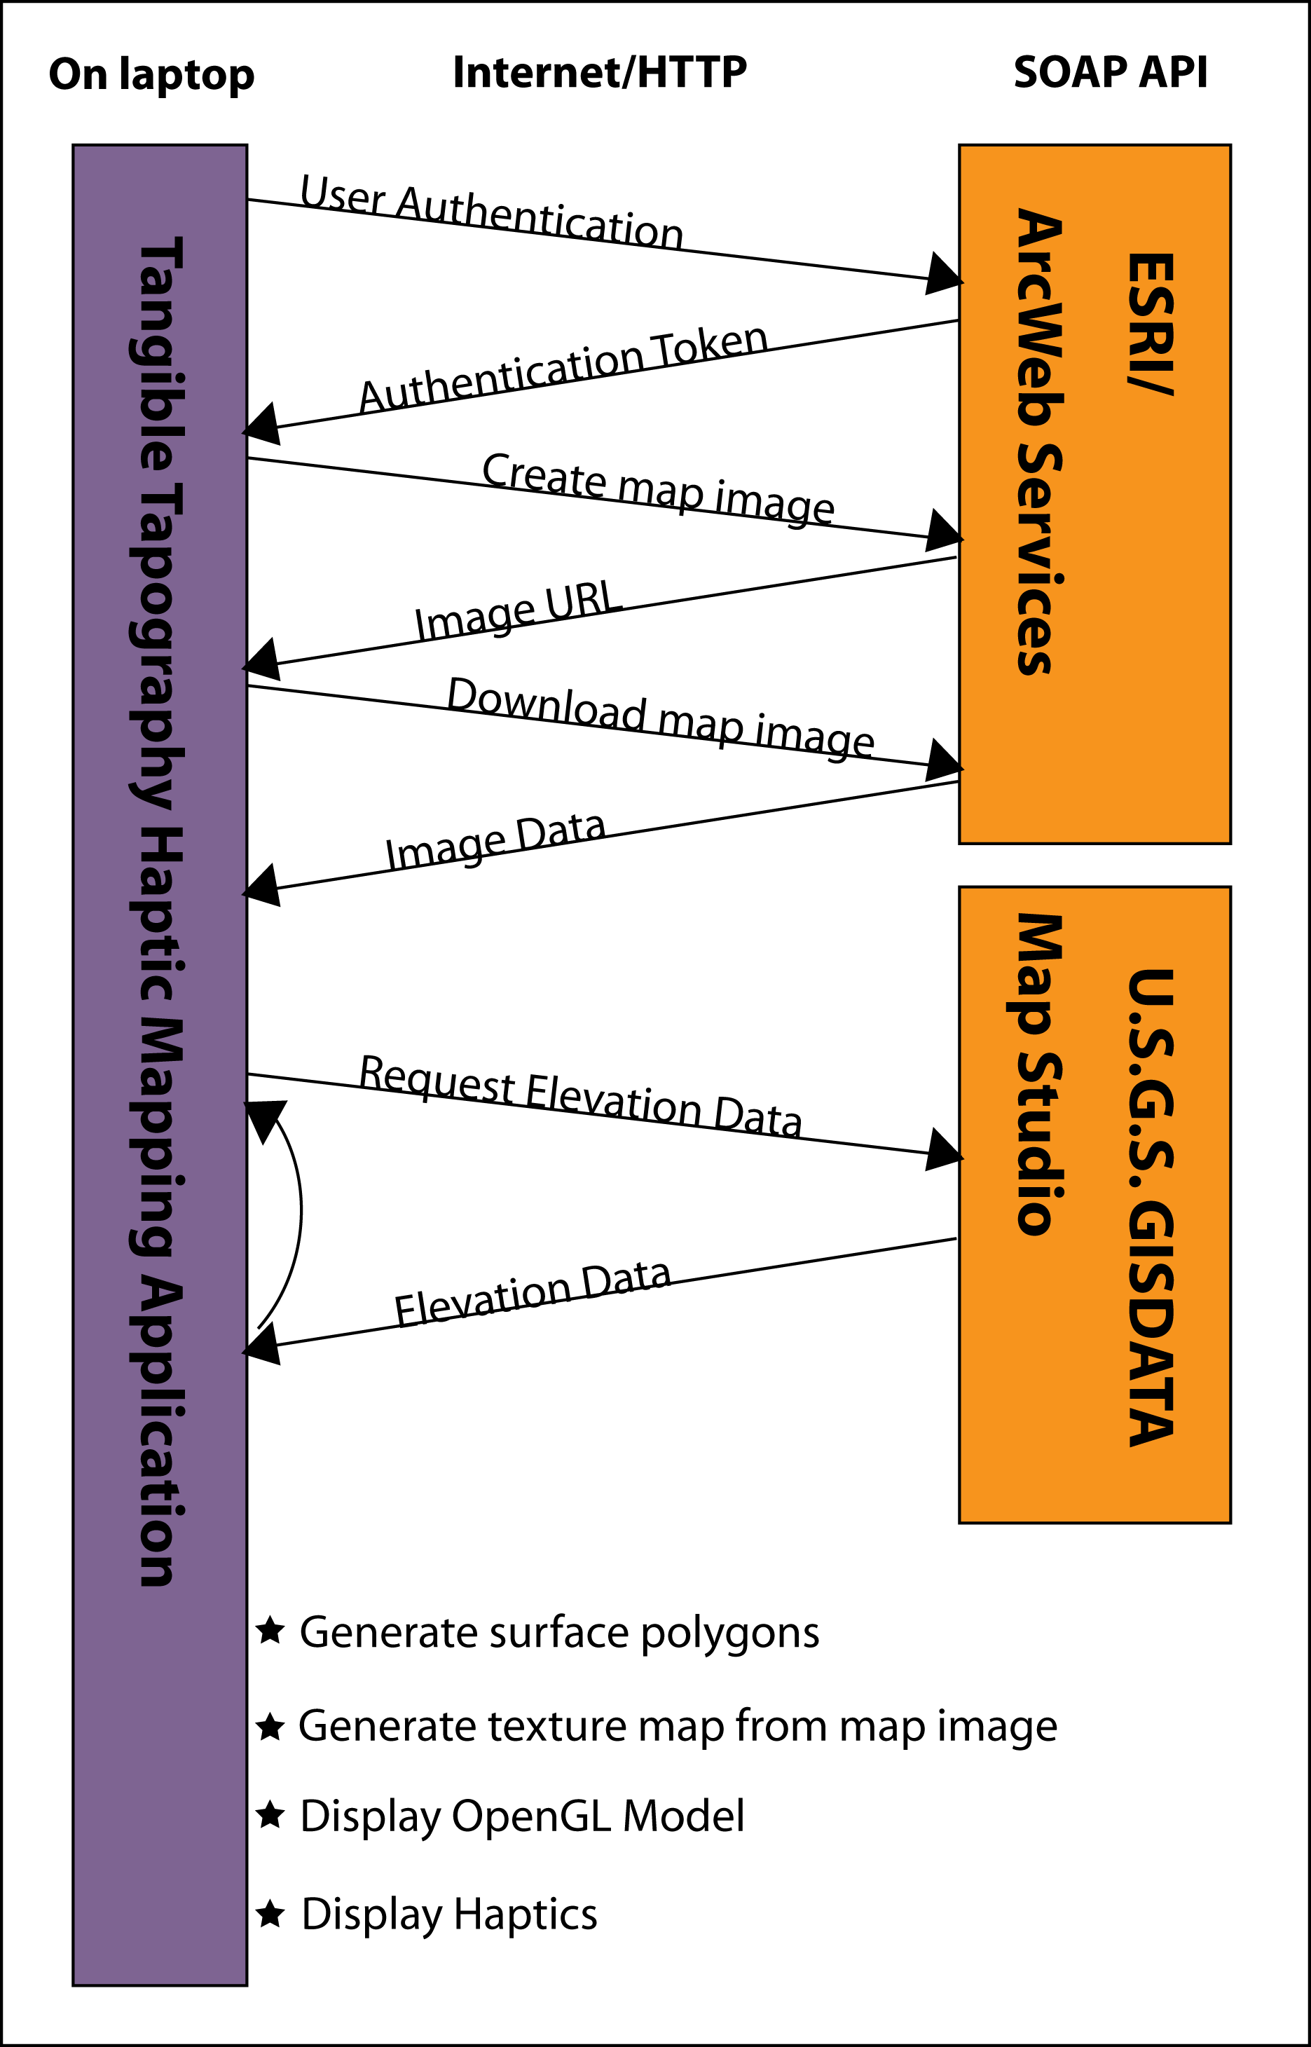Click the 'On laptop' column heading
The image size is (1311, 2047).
tap(151, 75)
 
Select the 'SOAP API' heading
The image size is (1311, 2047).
tap(1110, 72)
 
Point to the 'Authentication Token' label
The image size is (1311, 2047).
tap(563, 368)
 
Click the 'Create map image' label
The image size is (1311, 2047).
tap(658, 487)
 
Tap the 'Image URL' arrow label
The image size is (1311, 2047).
tap(518, 610)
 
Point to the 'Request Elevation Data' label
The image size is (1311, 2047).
tap(581, 1095)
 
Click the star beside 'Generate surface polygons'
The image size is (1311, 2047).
tap(270, 1630)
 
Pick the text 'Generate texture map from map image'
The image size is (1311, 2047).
tap(678, 1726)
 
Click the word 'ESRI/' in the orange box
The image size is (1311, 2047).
tap(1151, 324)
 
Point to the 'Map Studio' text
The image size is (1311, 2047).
tap(1039, 1074)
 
